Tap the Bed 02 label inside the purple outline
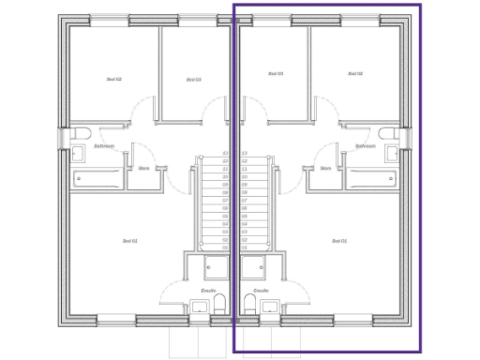pos(354,74)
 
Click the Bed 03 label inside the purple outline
pos(276,74)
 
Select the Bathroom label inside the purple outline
pos(366,146)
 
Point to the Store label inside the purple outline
pos(325,169)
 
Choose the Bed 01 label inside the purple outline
pos(339,242)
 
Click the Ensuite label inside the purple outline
pos(262,291)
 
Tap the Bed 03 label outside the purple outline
pos(194,79)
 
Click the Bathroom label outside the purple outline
pos(104,146)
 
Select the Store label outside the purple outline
pos(144,169)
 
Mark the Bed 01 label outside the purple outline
pos(130,242)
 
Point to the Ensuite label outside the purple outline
pos(208,291)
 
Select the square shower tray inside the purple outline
pos(253,268)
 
